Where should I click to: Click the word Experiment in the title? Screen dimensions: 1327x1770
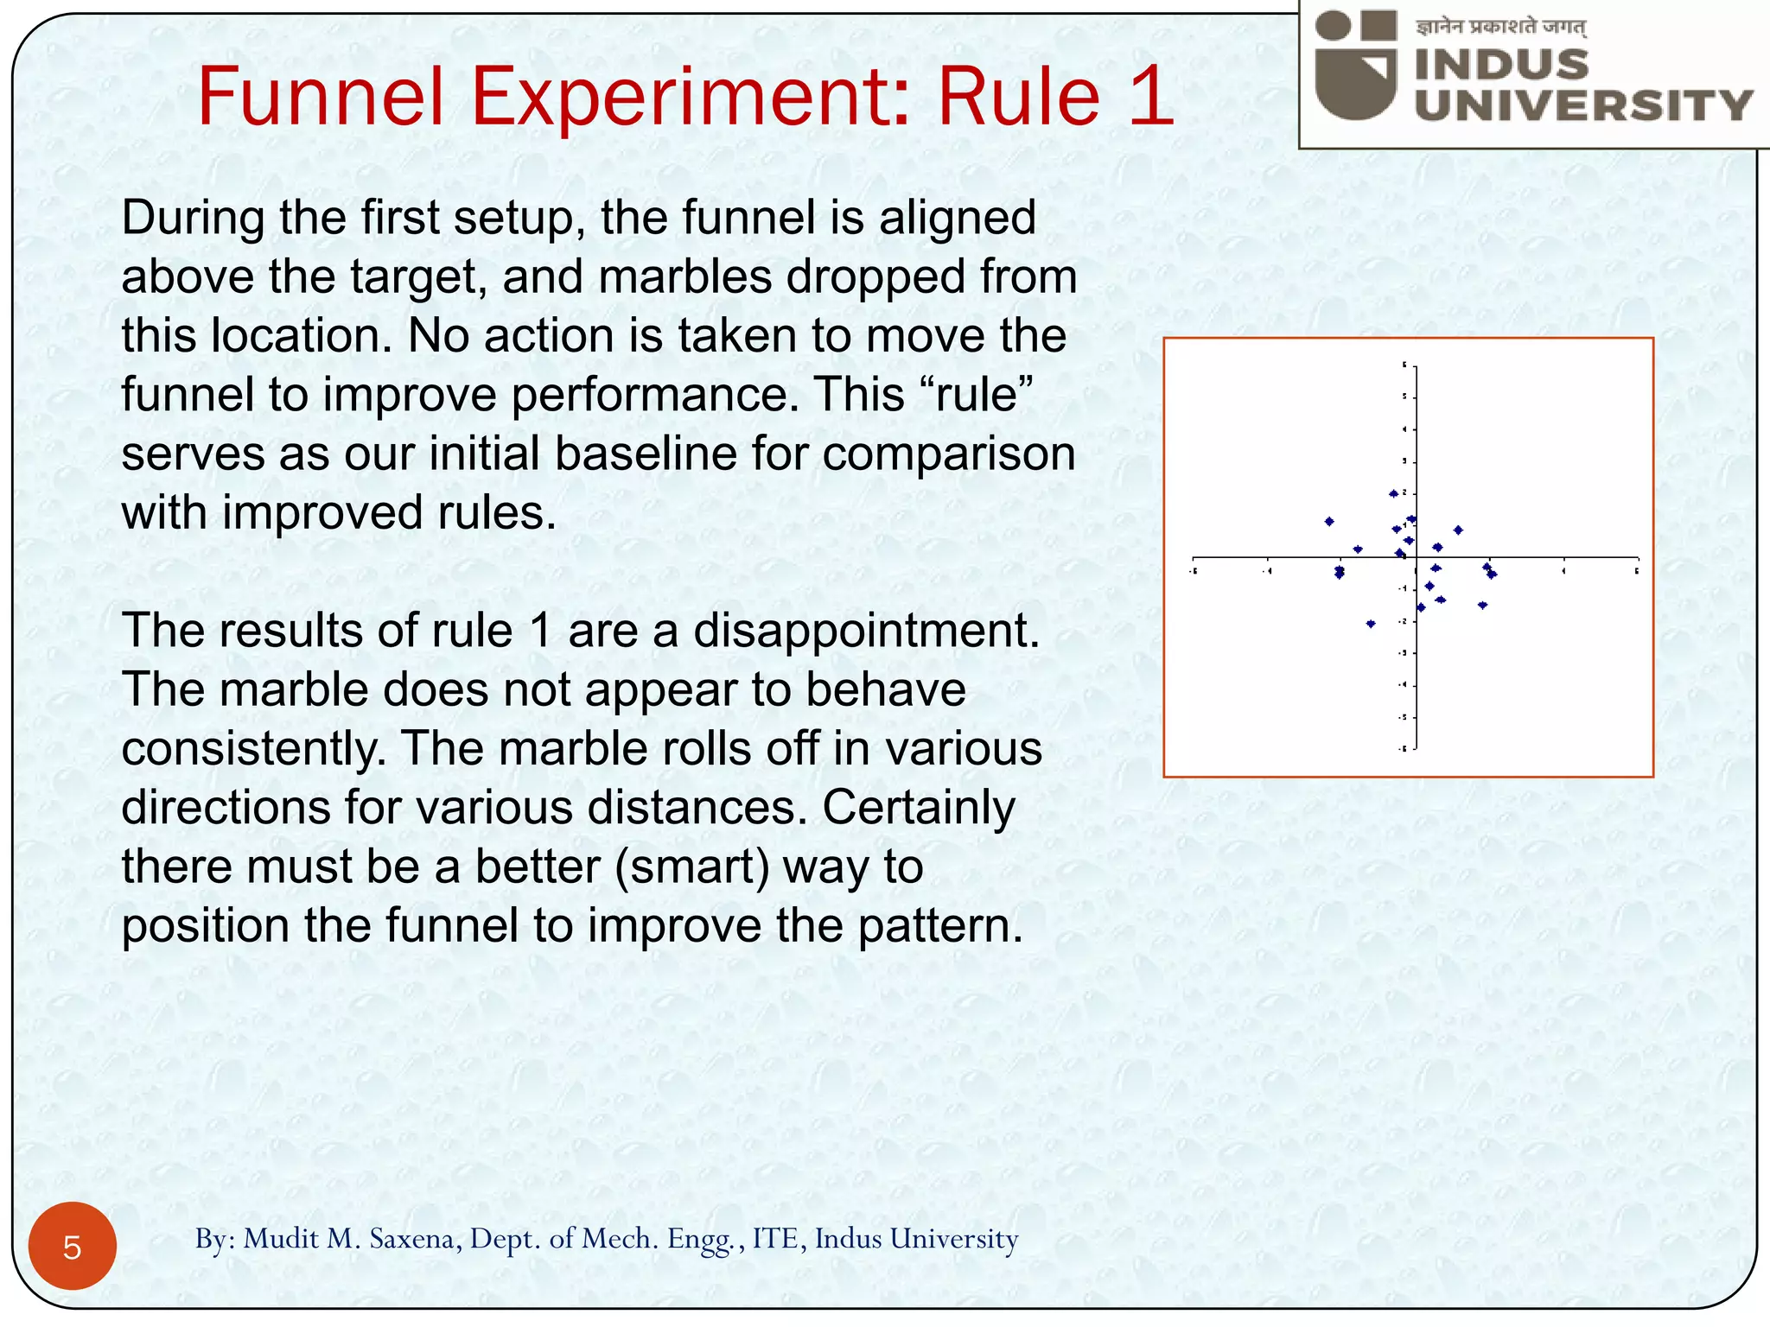(x=687, y=97)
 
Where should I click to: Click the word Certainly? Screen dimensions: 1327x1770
(x=918, y=808)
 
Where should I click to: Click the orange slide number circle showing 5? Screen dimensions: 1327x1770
(x=73, y=1247)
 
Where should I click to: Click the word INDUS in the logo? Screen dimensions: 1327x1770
(x=1502, y=65)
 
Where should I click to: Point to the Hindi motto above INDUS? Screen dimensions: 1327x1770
(x=1500, y=28)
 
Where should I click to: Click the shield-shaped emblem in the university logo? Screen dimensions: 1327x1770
(x=1355, y=82)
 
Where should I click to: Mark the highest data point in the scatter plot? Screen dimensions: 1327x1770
(x=1393, y=494)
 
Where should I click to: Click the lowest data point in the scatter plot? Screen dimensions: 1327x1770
(x=1371, y=624)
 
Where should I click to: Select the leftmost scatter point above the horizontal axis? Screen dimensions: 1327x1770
(x=1329, y=522)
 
